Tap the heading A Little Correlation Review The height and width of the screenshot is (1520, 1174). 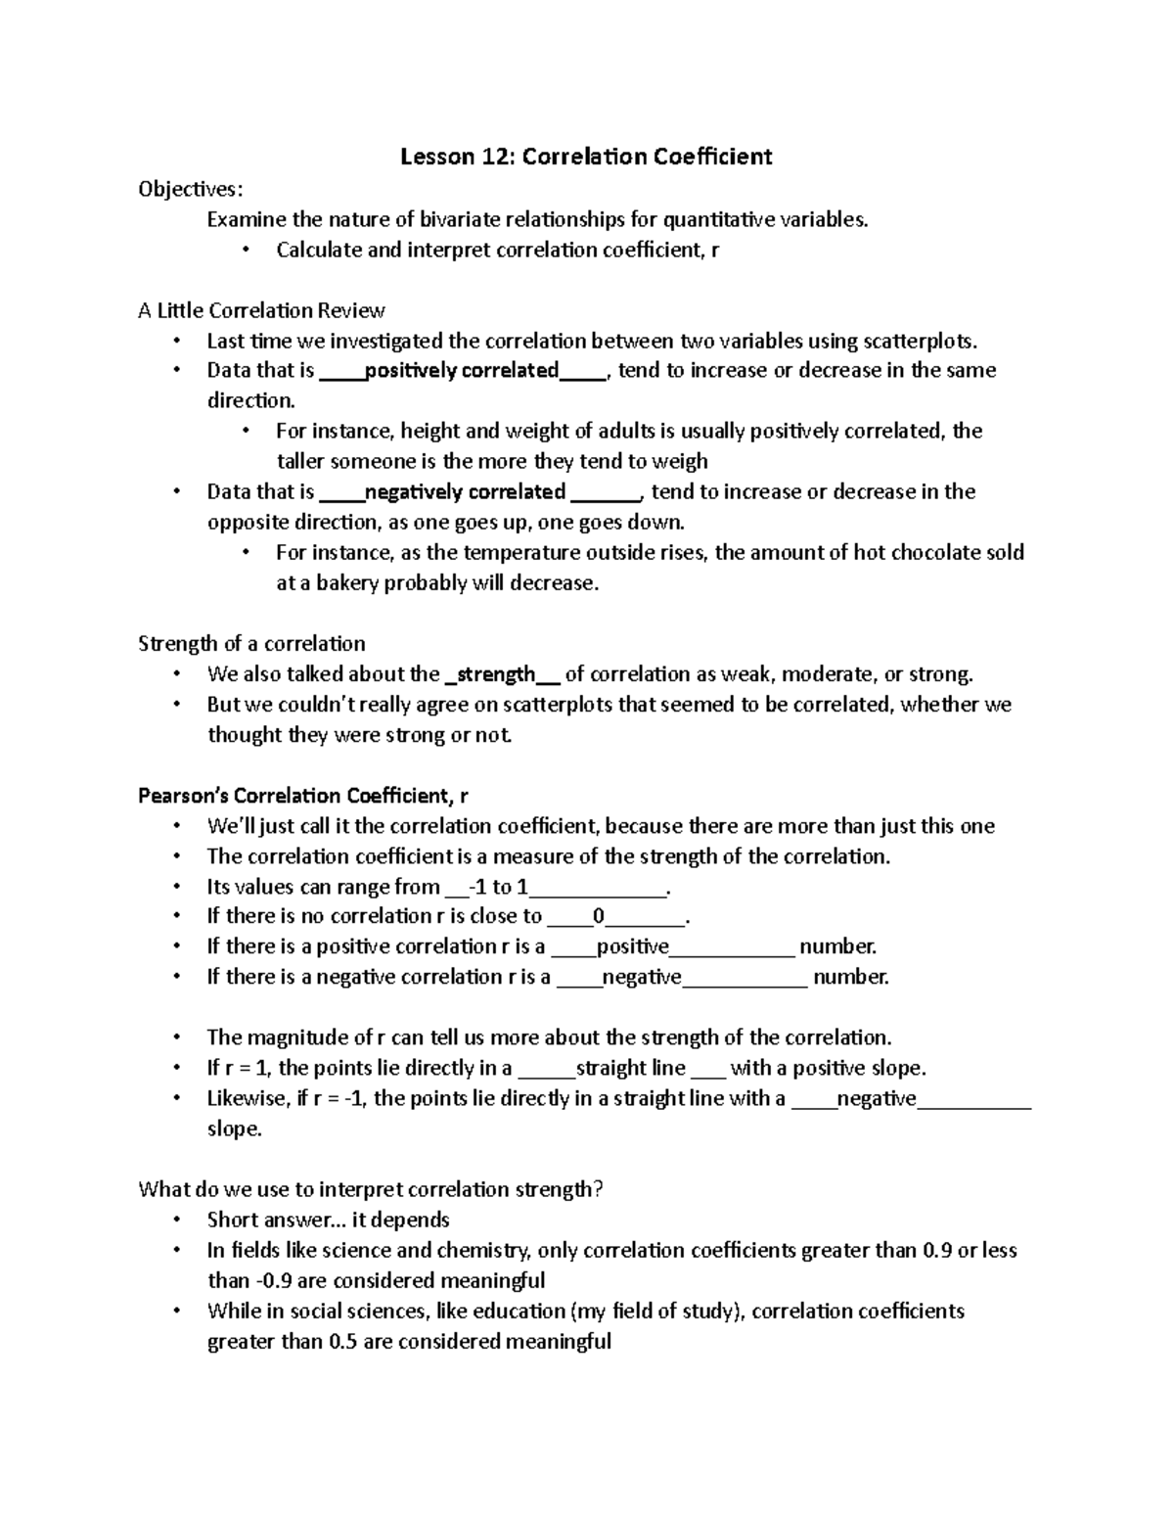tap(261, 310)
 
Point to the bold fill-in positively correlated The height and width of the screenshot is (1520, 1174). tap(461, 370)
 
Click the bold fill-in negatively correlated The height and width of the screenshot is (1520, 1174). tap(465, 491)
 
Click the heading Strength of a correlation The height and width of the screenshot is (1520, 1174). tap(251, 643)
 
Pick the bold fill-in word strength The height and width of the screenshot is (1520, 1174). tap(496, 674)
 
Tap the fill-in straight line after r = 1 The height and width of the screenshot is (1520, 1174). tap(631, 1068)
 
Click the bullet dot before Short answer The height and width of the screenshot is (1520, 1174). tap(176, 1221)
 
